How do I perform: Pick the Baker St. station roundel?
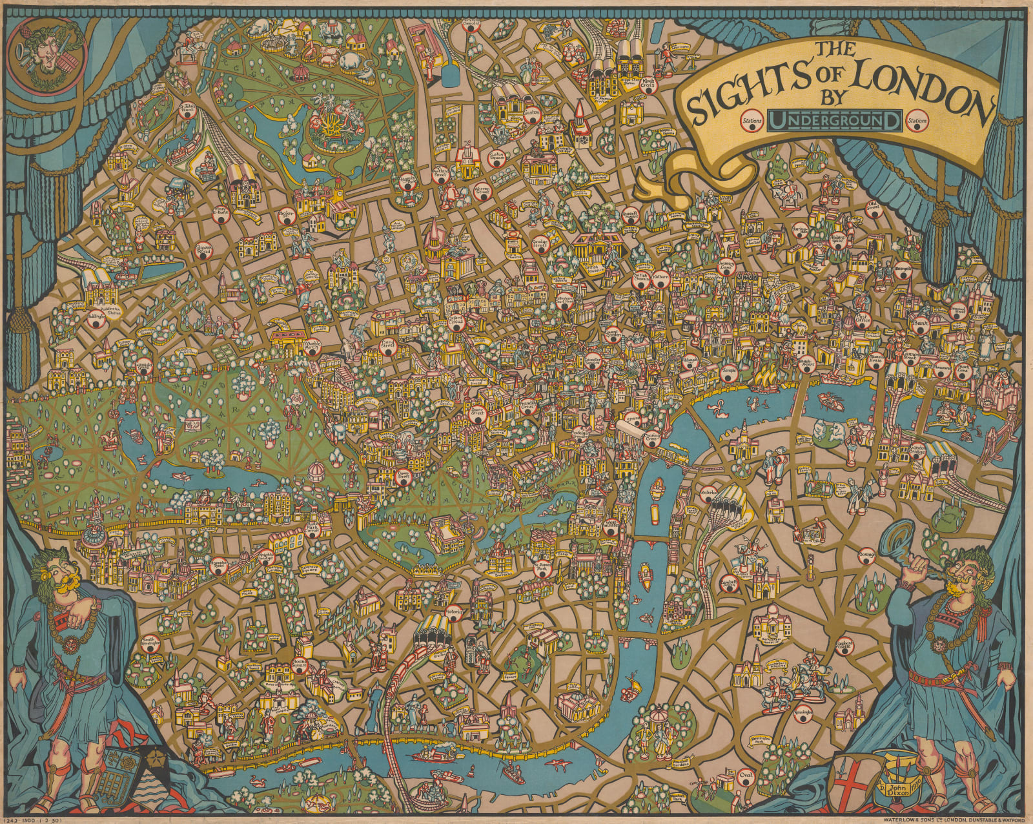click(x=284, y=218)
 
